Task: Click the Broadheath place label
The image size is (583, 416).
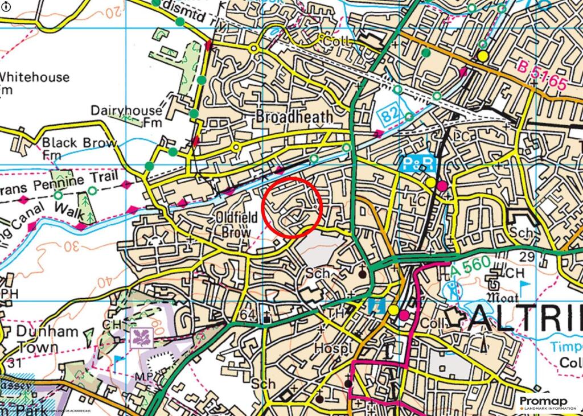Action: [294, 117]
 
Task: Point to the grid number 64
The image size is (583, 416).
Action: [249, 315]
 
